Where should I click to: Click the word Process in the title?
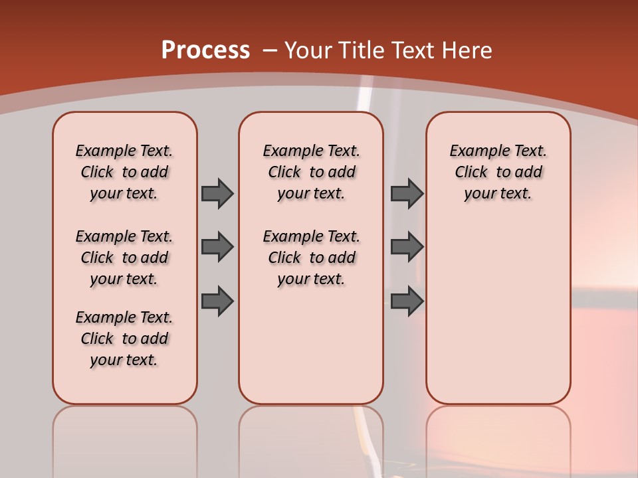click(205, 50)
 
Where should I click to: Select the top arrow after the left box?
click(217, 193)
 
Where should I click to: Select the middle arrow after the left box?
click(217, 247)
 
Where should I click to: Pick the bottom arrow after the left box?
click(217, 301)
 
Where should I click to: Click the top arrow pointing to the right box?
click(407, 193)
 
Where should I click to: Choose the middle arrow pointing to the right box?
click(407, 247)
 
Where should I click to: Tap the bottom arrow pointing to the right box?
click(407, 301)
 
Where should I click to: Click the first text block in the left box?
click(124, 172)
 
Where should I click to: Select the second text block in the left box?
click(124, 258)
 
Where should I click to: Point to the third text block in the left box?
click(124, 339)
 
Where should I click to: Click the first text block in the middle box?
click(311, 172)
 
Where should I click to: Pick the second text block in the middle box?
click(311, 258)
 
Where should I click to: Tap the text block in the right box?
click(498, 172)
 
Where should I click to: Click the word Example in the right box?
click(475, 151)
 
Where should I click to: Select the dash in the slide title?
click(270, 50)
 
